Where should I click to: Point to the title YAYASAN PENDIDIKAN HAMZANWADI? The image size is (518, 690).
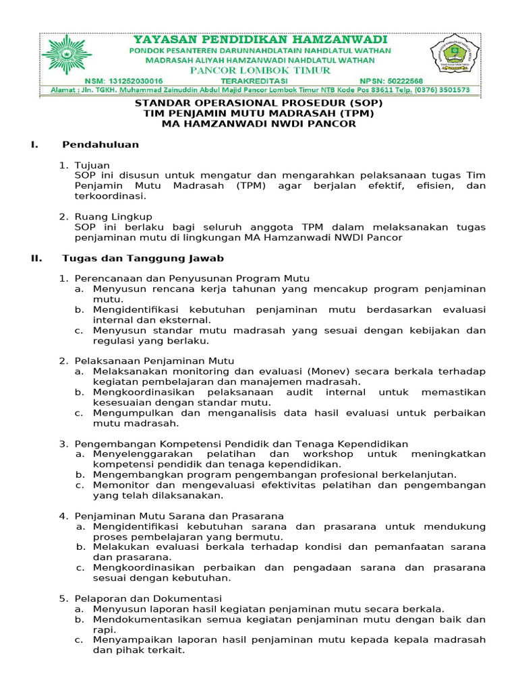point(260,39)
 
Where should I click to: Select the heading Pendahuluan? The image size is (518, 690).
point(100,144)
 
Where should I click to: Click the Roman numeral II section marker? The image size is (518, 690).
point(37,258)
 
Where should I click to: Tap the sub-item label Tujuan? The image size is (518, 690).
point(92,165)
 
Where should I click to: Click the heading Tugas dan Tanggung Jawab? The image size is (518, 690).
point(143,258)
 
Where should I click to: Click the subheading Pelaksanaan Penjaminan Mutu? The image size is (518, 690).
point(154,361)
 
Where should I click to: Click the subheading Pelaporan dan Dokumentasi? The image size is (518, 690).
point(148,598)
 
